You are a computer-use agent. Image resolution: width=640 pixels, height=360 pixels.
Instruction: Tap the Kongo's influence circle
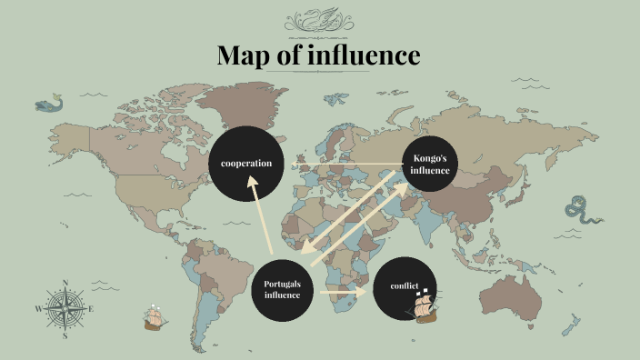coord(430,164)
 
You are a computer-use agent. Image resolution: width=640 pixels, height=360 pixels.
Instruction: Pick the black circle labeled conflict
coord(405,287)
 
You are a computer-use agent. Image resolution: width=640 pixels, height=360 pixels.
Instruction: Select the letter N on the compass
coord(65,283)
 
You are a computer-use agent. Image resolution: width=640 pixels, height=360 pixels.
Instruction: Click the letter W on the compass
coord(38,309)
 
